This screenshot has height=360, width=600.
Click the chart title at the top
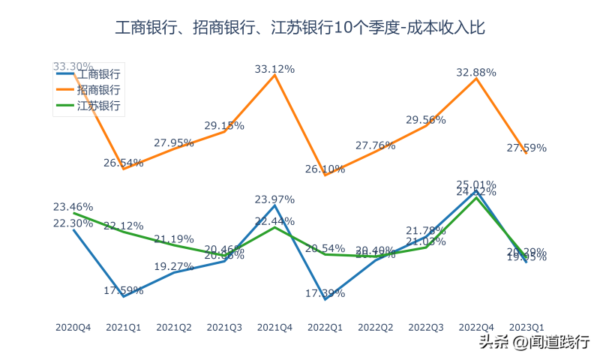(x=300, y=28)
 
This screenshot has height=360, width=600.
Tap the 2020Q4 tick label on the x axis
(x=73, y=327)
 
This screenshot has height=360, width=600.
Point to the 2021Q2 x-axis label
(x=174, y=327)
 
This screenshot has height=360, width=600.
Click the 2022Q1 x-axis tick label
(x=325, y=327)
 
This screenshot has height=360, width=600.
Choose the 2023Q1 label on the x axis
(x=526, y=327)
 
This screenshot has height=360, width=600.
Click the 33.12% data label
(x=274, y=69)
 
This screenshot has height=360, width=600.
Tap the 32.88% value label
(x=476, y=73)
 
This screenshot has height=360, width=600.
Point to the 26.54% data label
(x=123, y=162)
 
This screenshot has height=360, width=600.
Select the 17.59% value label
(x=123, y=290)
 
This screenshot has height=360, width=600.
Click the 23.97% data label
(x=274, y=199)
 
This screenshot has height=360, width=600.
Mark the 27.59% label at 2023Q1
(x=526, y=148)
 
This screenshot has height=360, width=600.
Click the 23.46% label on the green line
(x=73, y=206)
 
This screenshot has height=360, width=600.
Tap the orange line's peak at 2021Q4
(x=274, y=75)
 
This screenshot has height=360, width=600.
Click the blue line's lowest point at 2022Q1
(x=325, y=298)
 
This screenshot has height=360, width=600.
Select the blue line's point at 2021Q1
(x=123, y=296)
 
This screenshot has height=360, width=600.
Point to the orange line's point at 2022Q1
(x=325, y=175)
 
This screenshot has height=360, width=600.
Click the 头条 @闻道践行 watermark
(x=535, y=342)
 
